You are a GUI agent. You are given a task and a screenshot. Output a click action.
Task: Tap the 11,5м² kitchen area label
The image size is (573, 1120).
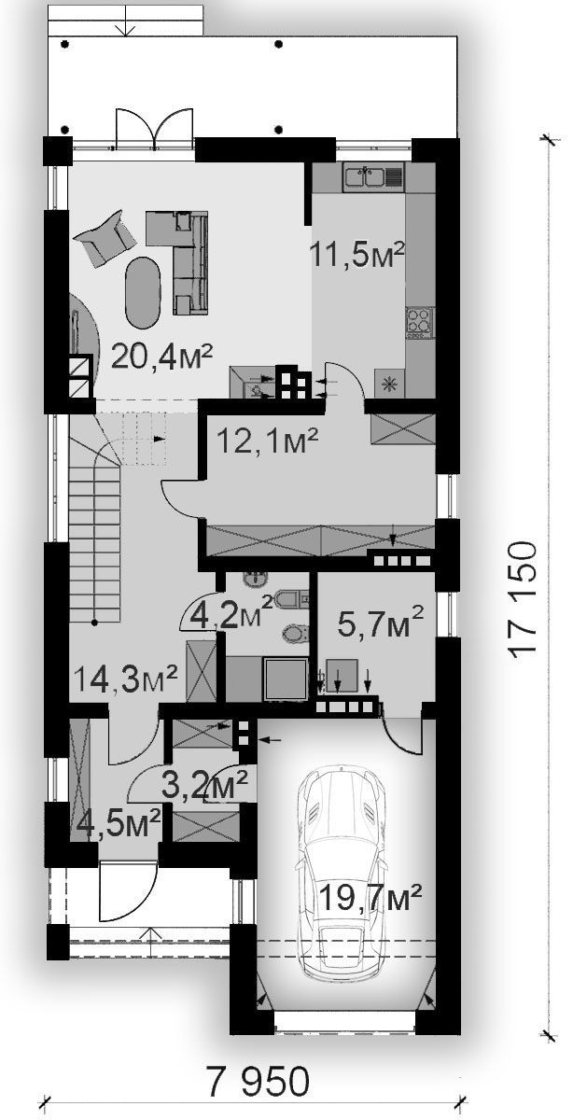coord(357,254)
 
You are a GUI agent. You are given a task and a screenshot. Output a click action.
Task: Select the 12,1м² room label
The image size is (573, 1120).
coord(268,440)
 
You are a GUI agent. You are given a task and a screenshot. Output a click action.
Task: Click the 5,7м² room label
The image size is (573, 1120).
coord(381,621)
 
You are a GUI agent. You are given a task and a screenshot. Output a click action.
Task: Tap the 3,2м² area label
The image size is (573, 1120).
coord(205,786)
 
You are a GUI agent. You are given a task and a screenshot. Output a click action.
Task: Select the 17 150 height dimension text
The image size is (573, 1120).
coord(523,599)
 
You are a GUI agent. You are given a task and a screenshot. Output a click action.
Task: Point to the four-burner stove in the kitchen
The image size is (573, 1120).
coord(419,320)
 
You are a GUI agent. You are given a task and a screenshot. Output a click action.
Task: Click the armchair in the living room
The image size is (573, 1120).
coord(106,237)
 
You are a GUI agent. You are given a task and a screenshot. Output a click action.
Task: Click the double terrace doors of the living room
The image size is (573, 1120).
coord(153,129)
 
